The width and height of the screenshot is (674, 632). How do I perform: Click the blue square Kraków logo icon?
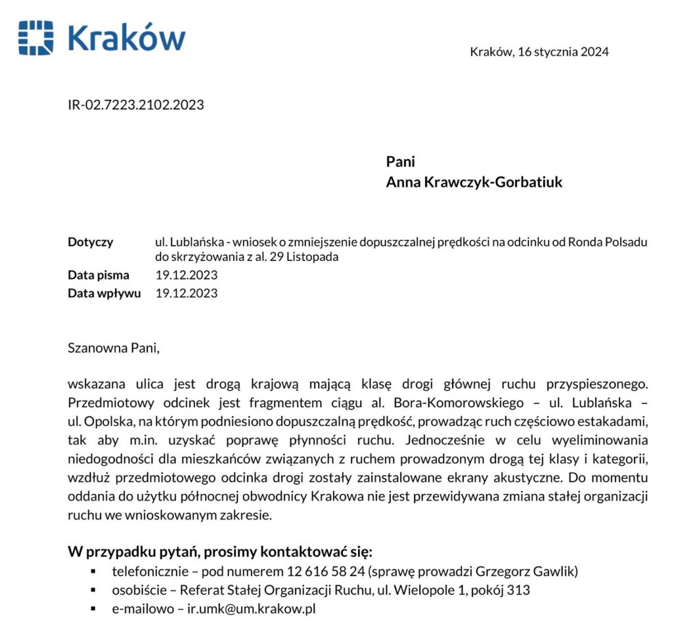click(x=36, y=37)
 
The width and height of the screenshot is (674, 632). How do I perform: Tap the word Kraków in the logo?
click(x=126, y=37)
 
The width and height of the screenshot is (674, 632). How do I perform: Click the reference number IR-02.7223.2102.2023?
click(x=136, y=105)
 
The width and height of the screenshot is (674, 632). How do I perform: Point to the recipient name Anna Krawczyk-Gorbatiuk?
click(x=474, y=182)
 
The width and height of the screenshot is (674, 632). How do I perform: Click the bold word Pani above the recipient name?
click(x=400, y=161)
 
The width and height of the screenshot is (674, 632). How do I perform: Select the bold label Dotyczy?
click(x=90, y=241)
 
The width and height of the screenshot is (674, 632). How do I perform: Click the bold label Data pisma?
click(x=98, y=275)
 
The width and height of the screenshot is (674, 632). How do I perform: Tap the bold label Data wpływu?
click(x=104, y=293)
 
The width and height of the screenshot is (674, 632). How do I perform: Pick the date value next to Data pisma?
click(x=186, y=275)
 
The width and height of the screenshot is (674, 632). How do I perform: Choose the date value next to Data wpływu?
click(x=186, y=293)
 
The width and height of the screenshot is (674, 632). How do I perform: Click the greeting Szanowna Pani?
click(x=113, y=348)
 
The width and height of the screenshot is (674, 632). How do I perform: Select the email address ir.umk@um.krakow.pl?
click(x=251, y=609)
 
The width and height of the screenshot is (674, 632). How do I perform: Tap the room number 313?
click(x=519, y=590)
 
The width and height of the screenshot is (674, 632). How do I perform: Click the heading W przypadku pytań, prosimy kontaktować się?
click(x=220, y=550)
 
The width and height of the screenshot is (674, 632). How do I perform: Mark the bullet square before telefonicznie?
click(x=93, y=571)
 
